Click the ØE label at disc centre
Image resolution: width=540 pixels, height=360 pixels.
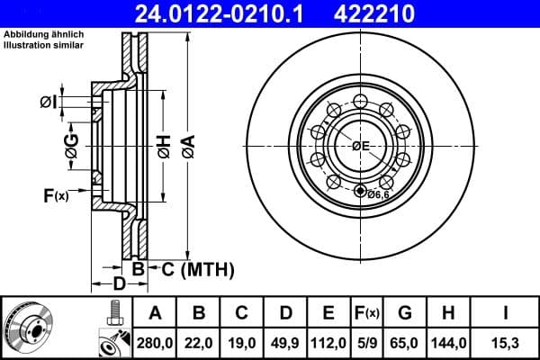pos(361,146)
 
